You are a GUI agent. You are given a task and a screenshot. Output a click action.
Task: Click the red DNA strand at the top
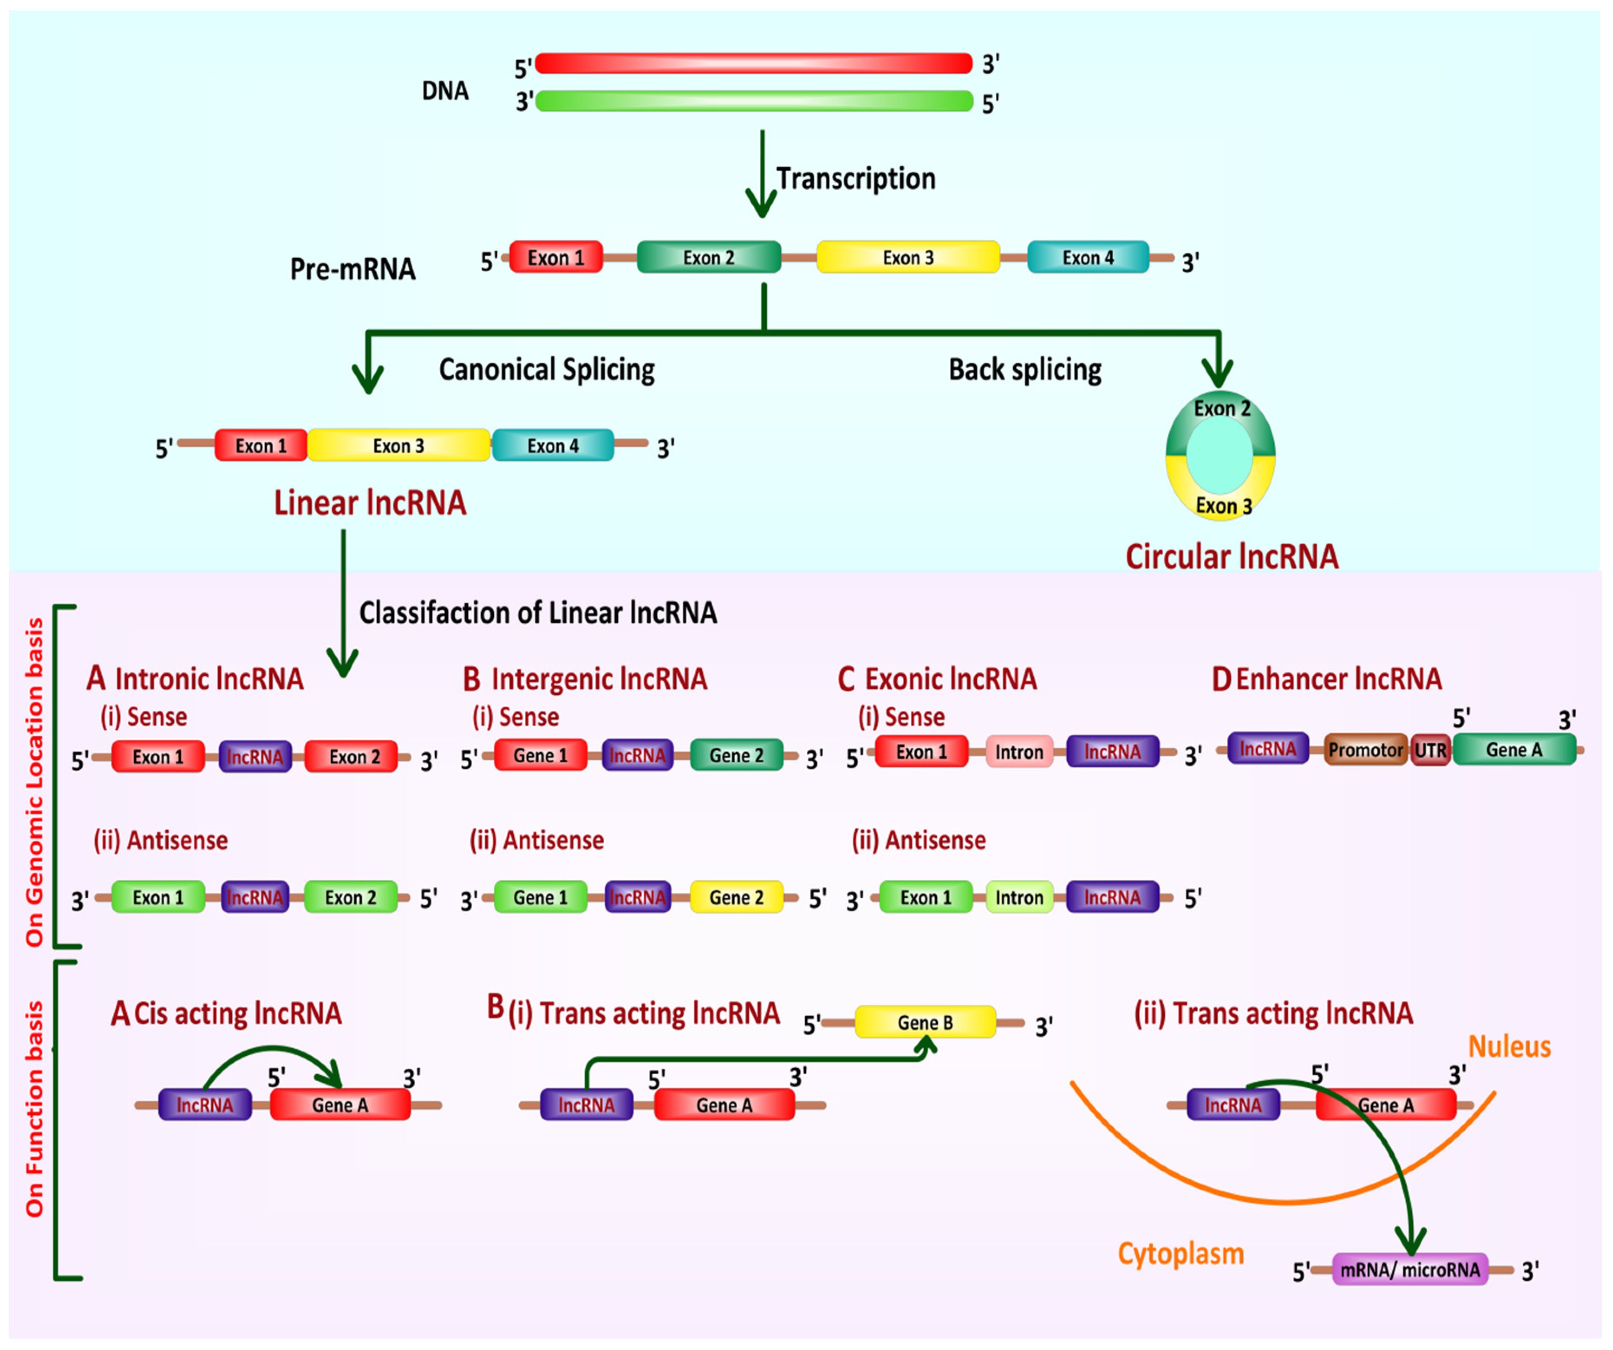(754, 63)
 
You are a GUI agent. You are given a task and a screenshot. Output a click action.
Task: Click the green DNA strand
(754, 101)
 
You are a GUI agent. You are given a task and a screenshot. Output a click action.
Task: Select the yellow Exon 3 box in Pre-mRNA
(908, 257)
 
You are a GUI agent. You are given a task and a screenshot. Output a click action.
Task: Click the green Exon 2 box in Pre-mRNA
(709, 257)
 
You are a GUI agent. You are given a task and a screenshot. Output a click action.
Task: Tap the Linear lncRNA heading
(370, 503)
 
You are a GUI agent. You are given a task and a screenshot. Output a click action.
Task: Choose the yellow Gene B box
(925, 1022)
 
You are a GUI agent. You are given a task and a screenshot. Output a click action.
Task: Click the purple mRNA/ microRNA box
(1410, 1269)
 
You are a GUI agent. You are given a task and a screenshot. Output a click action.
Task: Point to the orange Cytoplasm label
(1180, 1254)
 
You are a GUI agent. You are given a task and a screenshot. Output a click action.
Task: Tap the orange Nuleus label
(1509, 1047)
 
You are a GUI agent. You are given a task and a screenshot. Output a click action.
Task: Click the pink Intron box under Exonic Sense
(1019, 752)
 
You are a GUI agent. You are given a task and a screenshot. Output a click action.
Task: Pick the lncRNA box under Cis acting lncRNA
(204, 1105)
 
